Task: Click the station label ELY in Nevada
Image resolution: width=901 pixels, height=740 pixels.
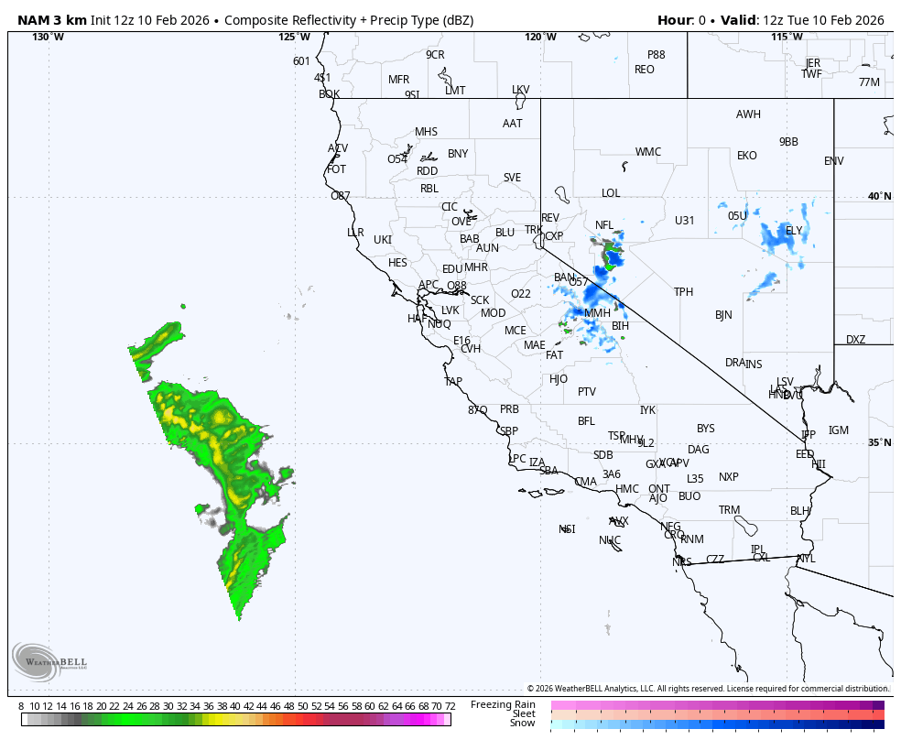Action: (794, 230)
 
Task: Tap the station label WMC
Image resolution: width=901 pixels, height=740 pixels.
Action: (648, 152)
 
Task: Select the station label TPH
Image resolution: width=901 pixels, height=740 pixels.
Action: (684, 292)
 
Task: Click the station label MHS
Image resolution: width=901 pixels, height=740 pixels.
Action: (427, 132)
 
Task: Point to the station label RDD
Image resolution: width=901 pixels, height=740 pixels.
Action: (428, 171)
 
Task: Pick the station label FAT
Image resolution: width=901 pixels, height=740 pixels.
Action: (555, 355)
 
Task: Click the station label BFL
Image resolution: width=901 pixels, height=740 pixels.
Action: (586, 421)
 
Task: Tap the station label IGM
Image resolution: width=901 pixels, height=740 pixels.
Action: (839, 430)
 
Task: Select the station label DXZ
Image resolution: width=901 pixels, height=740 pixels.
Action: (855, 340)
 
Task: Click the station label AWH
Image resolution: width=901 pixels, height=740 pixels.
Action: (748, 114)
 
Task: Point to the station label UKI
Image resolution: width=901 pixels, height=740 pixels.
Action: (383, 240)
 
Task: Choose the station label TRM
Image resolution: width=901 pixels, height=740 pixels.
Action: (729, 510)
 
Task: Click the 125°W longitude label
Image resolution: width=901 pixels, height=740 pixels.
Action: (294, 37)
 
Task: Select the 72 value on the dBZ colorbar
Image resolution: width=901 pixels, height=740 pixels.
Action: (450, 706)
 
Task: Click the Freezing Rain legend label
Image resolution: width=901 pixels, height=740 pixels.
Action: (503, 704)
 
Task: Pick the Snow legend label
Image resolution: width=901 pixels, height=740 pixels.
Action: (523, 724)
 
